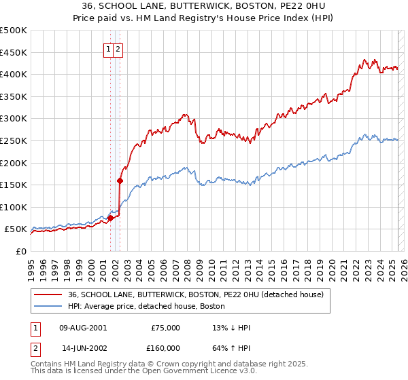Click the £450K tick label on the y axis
(13, 52)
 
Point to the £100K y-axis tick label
(13, 207)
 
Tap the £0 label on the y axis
(20, 251)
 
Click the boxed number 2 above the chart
(118, 49)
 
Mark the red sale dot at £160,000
(120, 180)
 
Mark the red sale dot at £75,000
(110, 218)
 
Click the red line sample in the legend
(48, 294)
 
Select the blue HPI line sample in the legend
(48, 306)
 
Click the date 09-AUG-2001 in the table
(84, 328)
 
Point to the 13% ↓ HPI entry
(232, 328)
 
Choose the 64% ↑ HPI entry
(232, 348)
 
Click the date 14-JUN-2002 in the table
(84, 348)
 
